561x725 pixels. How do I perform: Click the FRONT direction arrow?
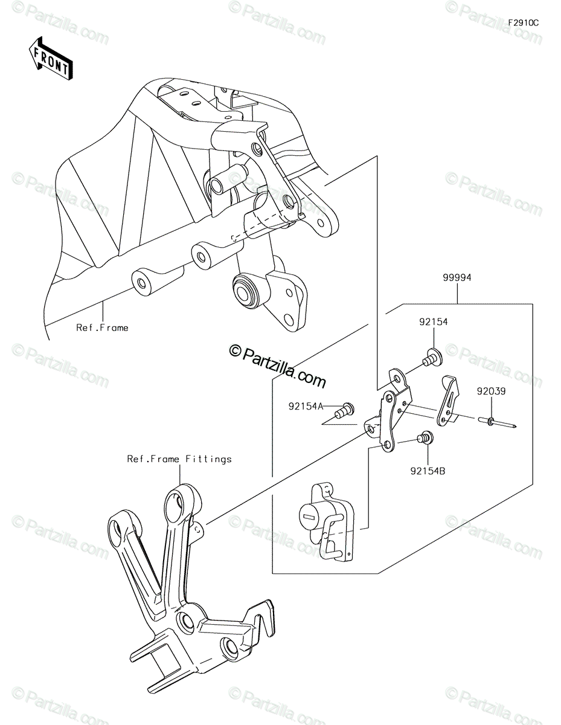click(x=51, y=58)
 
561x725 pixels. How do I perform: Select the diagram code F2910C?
click(x=524, y=23)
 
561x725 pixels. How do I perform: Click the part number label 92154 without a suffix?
click(x=434, y=321)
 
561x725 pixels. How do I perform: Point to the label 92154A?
click(x=306, y=407)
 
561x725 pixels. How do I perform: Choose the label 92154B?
click(x=428, y=471)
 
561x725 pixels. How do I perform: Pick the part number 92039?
click(x=491, y=391)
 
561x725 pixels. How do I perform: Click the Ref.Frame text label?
click(x=102, y=327)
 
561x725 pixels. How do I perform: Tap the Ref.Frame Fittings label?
click(x=179, y=459)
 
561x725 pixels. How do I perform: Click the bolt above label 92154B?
click(x=426, y=437)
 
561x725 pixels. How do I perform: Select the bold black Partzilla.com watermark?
click(x=277, y=367)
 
